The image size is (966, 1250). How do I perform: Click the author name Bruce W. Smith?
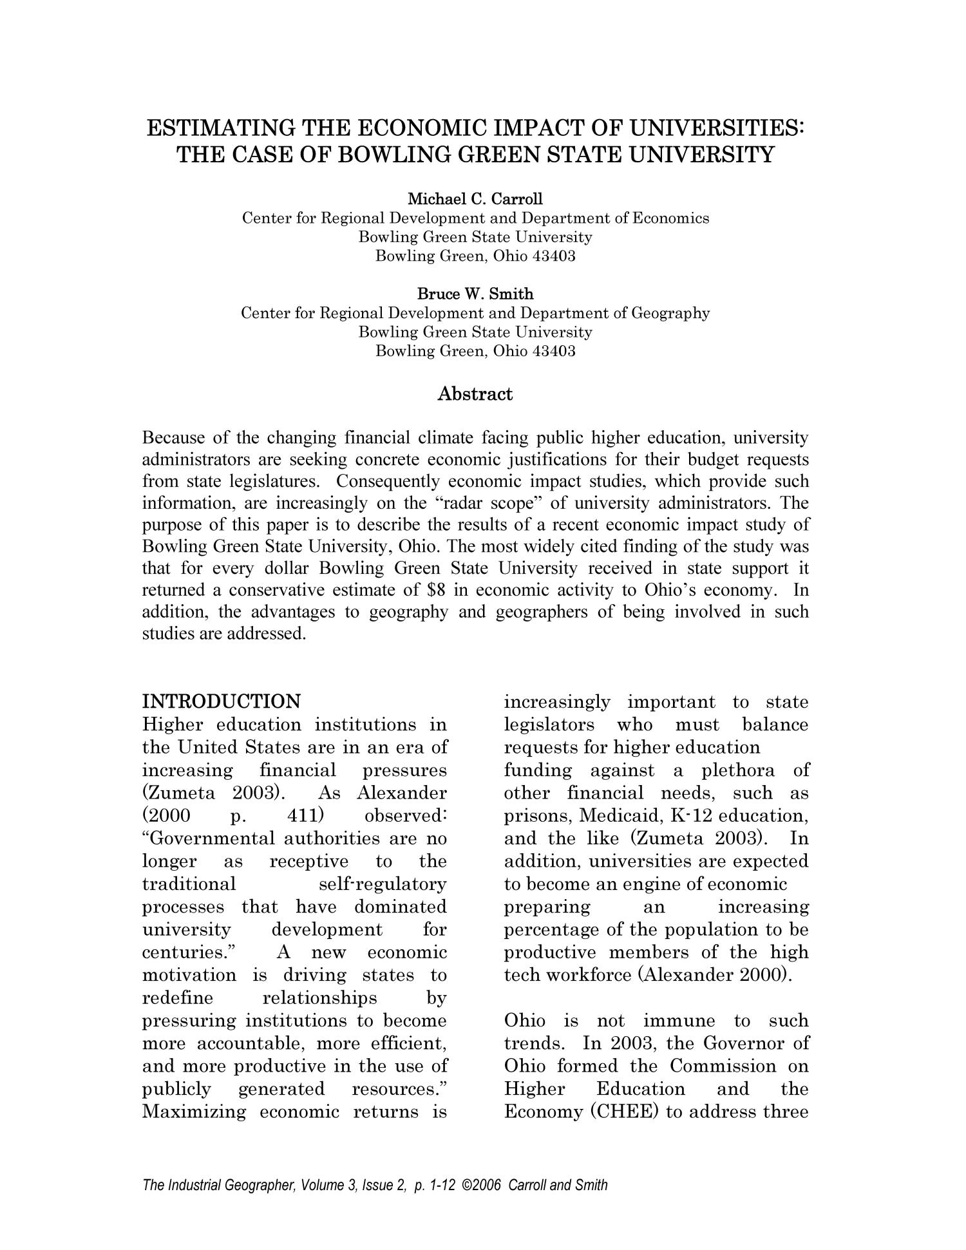[475, 294]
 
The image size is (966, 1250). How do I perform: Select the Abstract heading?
[475, 393]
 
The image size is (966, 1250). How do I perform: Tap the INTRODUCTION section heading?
[221, 701]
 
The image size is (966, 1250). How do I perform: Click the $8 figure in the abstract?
[437, 590]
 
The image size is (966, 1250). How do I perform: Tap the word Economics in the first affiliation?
[670, 218]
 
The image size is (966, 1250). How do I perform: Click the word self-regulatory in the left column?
[383, 884]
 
